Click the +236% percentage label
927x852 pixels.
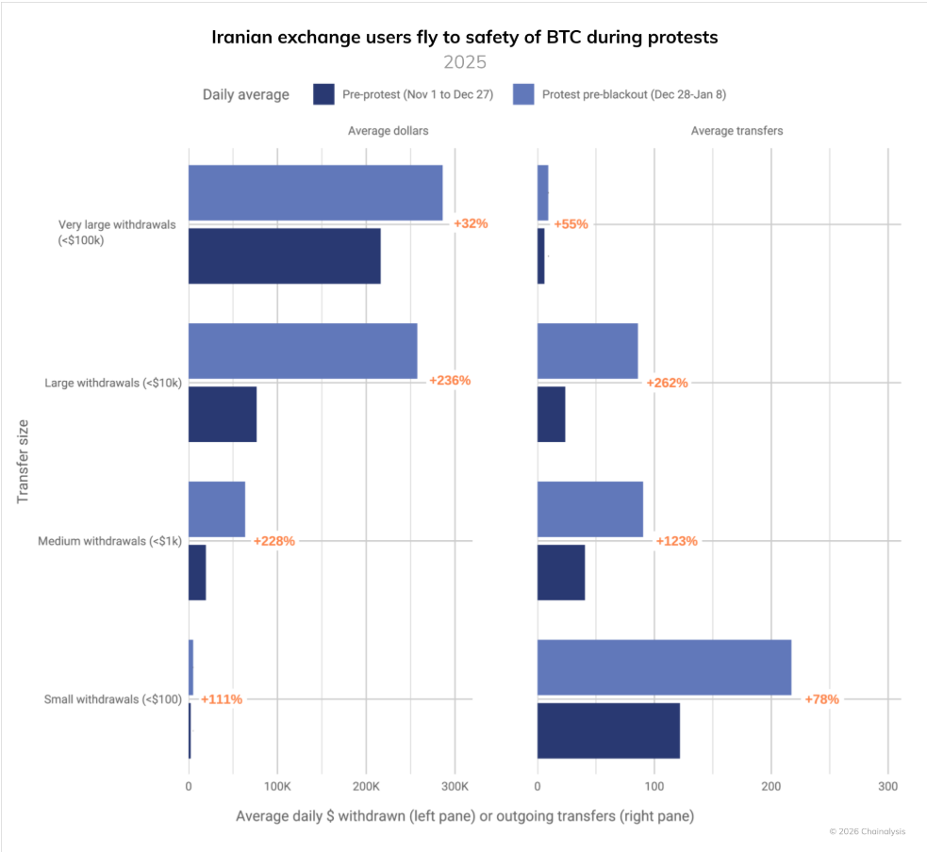449,381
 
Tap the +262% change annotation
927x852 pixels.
667,384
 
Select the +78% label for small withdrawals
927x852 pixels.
820,699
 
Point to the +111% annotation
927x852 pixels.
221,699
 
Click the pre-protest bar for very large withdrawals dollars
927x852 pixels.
284,256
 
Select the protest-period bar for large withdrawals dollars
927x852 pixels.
302,351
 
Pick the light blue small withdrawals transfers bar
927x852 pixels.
664,667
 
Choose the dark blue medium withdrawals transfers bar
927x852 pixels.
561,572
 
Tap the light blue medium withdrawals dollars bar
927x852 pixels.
216,509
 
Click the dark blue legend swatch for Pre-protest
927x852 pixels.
324,94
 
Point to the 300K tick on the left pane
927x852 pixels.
455,786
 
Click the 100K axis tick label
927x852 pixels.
276,786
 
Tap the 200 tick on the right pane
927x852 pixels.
771,786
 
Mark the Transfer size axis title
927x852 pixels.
24,461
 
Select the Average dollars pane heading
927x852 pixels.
388,131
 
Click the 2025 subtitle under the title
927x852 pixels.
464,63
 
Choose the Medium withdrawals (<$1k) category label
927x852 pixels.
109,541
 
